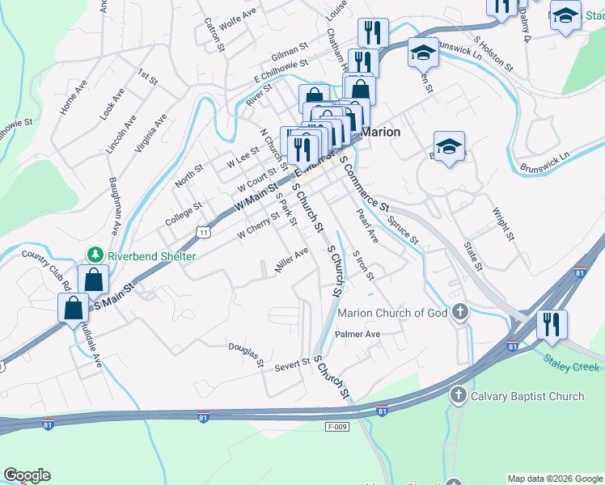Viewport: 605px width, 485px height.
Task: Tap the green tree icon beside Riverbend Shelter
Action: (95, 255)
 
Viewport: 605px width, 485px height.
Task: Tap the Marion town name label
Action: (381, 132)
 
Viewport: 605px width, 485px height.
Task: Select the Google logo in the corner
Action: (27, 475)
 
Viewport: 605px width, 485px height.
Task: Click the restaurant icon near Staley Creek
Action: (552, 324)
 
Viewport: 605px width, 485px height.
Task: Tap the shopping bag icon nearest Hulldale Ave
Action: (74, 307)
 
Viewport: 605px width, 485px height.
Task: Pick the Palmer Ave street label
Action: (357, 333)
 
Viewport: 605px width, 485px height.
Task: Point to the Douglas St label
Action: (247, 353)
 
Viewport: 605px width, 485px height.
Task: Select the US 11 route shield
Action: (202, 232)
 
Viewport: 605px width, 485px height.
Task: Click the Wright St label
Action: (503, 224)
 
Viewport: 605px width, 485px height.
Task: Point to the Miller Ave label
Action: (291, 260)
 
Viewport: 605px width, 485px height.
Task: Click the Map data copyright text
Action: (554, 479)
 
